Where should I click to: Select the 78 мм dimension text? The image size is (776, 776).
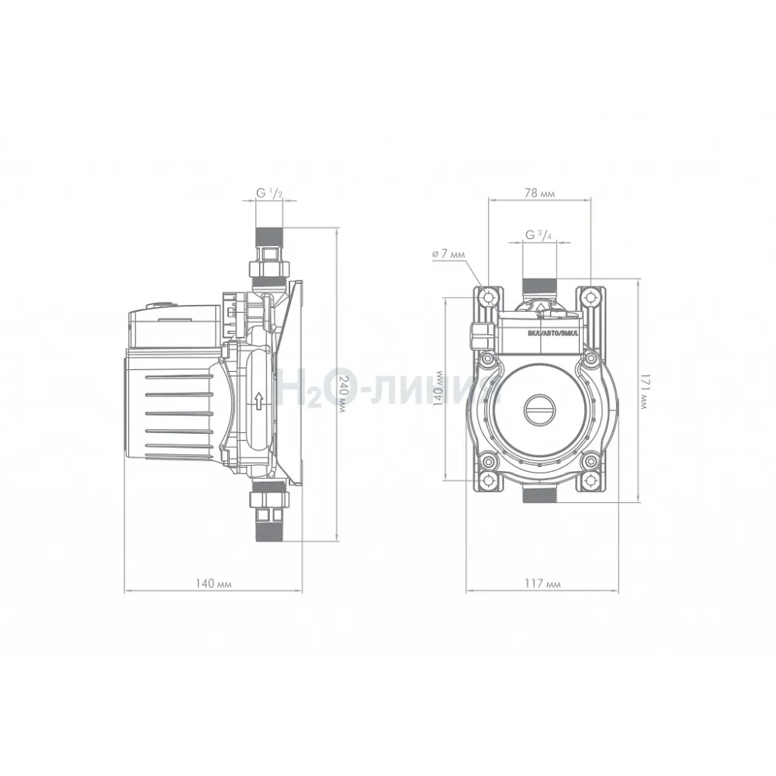click(539, 193)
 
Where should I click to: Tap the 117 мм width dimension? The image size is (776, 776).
click(542, 584)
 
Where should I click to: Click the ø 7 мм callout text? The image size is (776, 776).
click(449, 254)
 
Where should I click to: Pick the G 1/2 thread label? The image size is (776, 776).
click(268, 193)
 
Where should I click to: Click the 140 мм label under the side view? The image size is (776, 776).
click(213, 584)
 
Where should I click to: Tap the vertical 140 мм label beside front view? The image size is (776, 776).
click(438, 389)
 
